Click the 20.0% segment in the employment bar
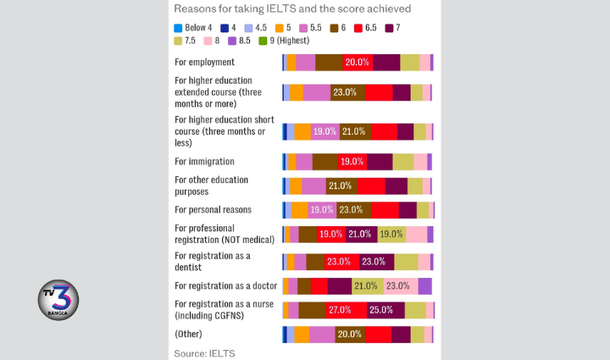[357, 62]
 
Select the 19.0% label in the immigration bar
[352, 162]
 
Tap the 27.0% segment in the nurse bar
[340, 310]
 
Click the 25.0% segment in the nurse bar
[381, 310]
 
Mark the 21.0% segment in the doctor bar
[367, 285]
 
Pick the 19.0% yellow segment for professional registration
[391, 235]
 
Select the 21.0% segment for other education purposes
[341, 186]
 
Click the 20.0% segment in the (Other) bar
[349, 335]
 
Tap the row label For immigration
[204, 161]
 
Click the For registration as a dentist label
[213, 260]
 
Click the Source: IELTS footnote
[204, 352]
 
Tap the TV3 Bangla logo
[59, 302]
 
